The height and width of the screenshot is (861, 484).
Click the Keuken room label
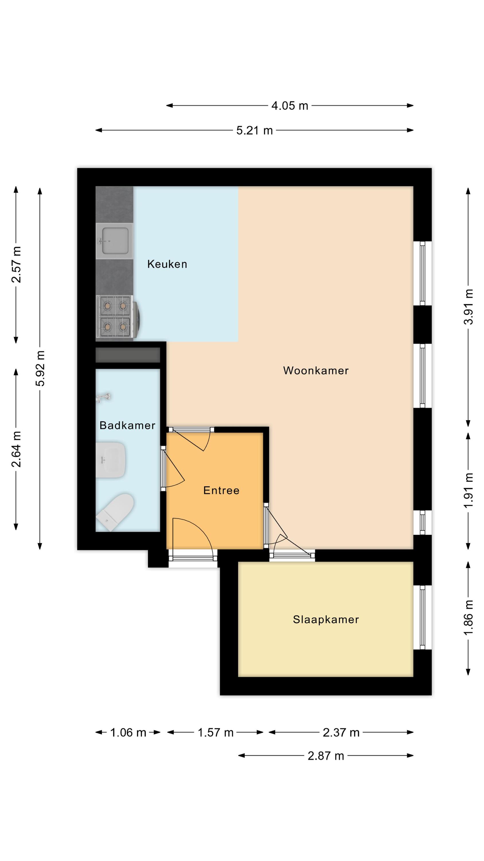pos(167,264)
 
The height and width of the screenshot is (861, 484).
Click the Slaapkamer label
pos(326,619)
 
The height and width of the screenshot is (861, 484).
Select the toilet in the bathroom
pos(115,512)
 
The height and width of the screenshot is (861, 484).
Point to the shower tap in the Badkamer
pos(104,397)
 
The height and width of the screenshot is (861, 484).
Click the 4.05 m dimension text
pos(290,106)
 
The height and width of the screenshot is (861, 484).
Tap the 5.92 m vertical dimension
pos(40,368)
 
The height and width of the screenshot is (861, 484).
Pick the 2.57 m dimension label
pos(16,264)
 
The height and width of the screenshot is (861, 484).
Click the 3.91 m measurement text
pos(468,307)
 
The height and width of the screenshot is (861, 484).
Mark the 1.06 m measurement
pos(128,733)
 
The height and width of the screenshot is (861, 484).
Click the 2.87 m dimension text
pos(326,756)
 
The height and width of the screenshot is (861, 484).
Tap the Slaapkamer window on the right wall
pos(423,617)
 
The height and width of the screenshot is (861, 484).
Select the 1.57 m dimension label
pos(215,733)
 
